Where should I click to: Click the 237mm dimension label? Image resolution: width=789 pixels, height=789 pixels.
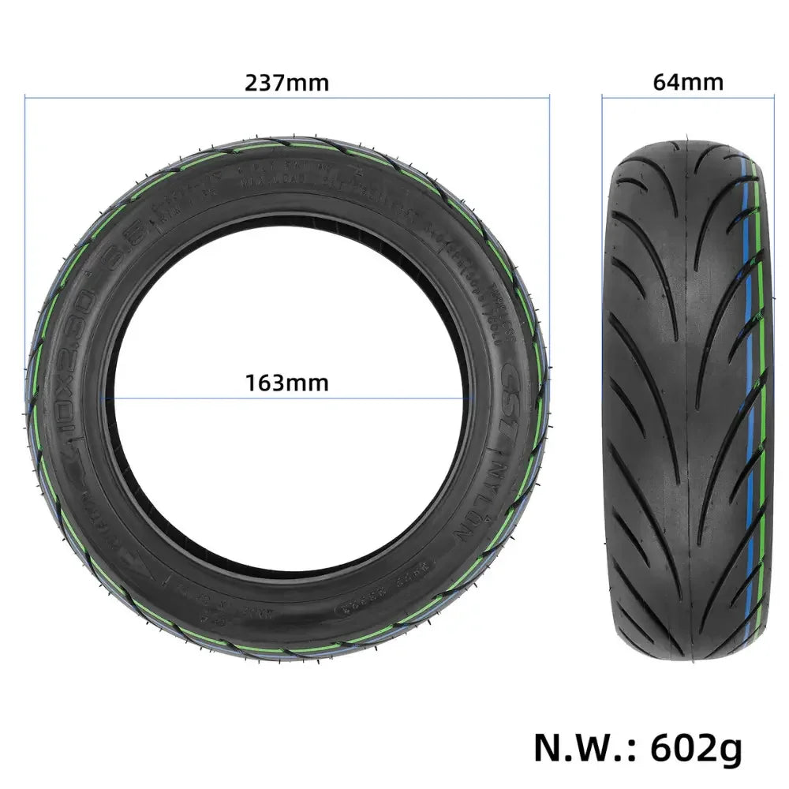pos(286,83)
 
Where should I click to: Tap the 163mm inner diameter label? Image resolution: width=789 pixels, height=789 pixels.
pos(286,383)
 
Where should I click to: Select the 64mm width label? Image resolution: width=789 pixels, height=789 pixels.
pos(688,83)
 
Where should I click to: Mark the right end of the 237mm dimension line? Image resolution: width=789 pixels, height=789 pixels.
pos(549,98)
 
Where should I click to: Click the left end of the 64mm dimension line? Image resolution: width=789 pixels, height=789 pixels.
pos(603,98)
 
